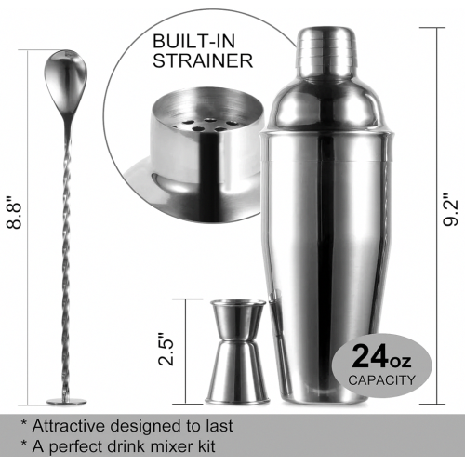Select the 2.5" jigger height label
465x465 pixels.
click(166, 350)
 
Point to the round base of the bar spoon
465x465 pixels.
click(66, 402)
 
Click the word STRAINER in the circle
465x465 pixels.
click(203, 60)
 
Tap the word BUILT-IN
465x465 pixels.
click(194, 41)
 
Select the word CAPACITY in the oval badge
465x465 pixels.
click(381, 380)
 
